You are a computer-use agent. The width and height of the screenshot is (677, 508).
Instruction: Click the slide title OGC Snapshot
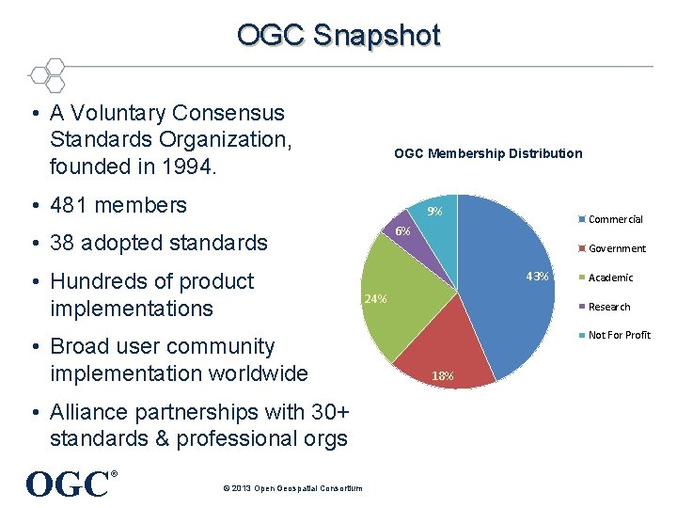(338, 35)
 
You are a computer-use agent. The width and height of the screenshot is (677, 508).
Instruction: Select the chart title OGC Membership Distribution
(487, 153)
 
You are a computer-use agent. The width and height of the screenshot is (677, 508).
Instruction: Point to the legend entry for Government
(617, 248)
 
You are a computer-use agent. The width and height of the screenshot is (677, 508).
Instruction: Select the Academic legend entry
(610, 278)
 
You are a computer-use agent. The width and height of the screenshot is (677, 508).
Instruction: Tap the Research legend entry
(608, 307)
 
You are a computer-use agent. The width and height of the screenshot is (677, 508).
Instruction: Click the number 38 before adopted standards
(63, 243)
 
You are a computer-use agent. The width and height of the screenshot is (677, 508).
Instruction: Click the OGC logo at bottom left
(68, 484)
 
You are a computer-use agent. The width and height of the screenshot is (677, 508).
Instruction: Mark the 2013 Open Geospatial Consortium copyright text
(289, 488)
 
